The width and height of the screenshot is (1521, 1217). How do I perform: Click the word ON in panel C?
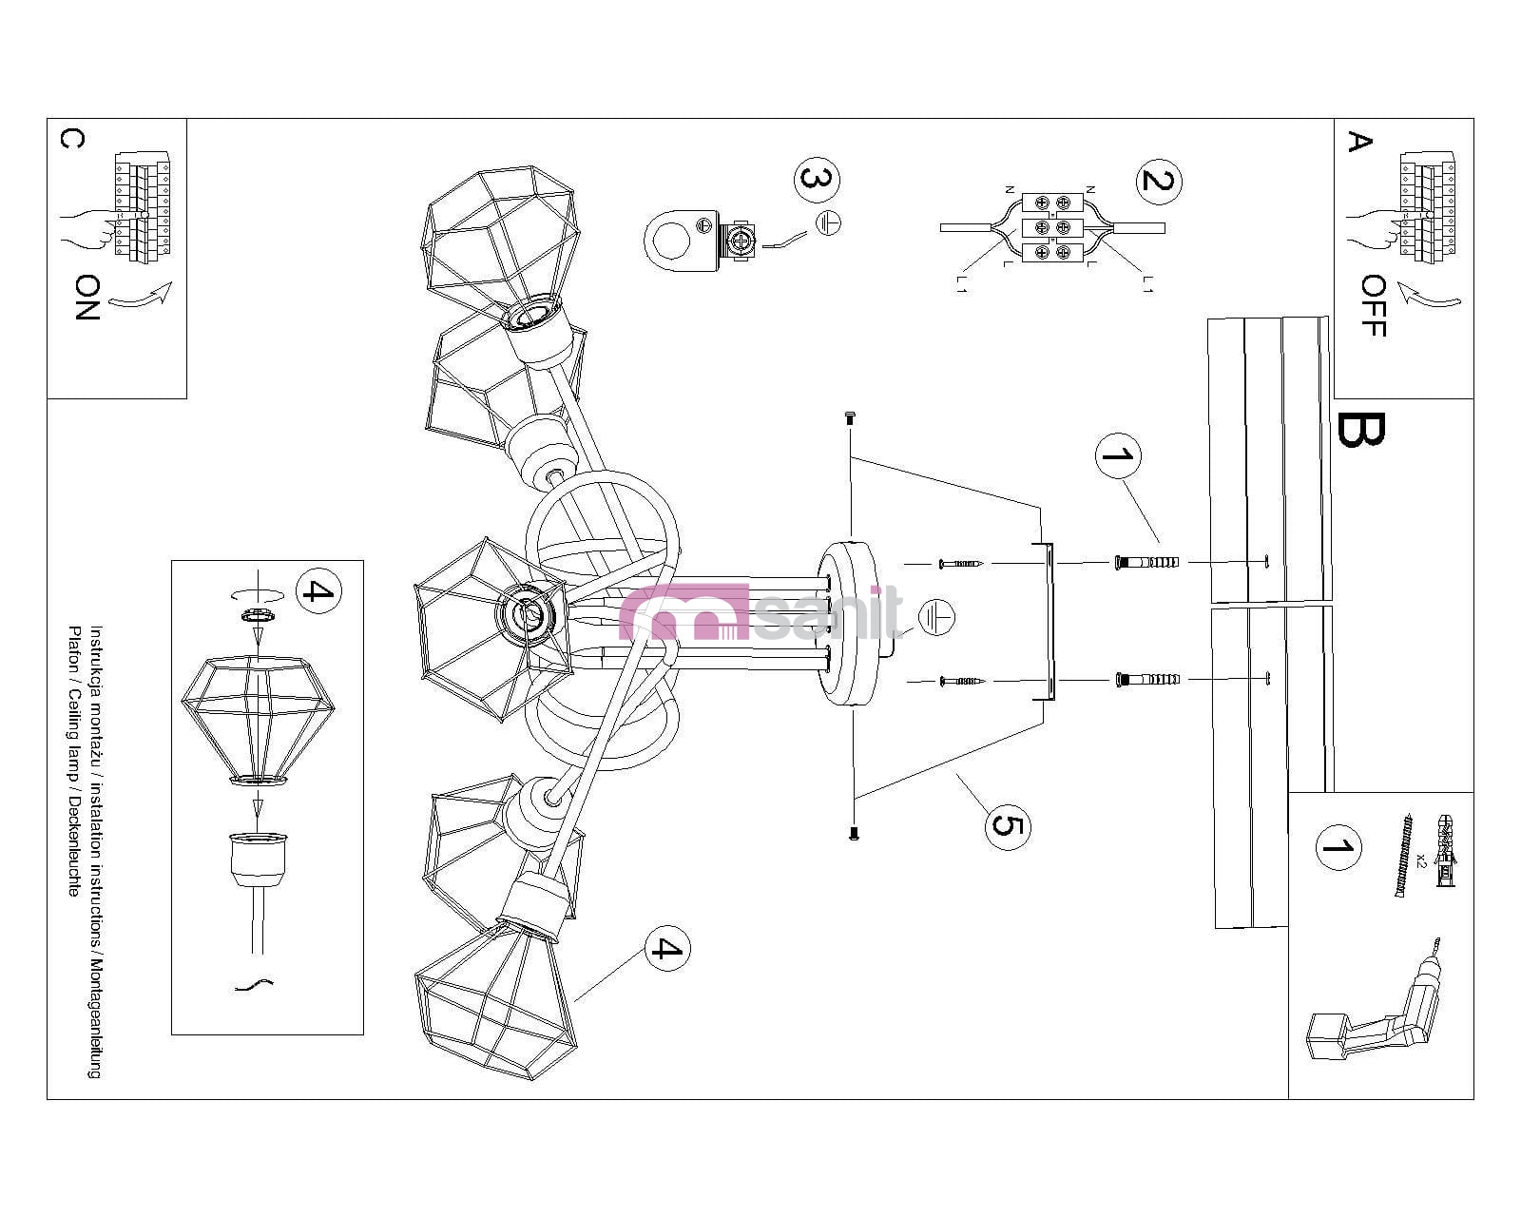87,297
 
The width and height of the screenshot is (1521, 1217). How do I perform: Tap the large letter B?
1361,430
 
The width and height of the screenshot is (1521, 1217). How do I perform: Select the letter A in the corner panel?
1360,142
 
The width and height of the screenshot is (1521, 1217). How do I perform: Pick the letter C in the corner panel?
71,139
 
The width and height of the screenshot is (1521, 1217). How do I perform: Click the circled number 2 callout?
1157,180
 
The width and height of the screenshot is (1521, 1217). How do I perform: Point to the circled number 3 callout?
818,179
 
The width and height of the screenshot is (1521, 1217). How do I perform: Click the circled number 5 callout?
1007,823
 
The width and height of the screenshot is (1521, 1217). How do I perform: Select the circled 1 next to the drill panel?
1338,847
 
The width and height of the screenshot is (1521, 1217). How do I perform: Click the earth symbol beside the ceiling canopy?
937,618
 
